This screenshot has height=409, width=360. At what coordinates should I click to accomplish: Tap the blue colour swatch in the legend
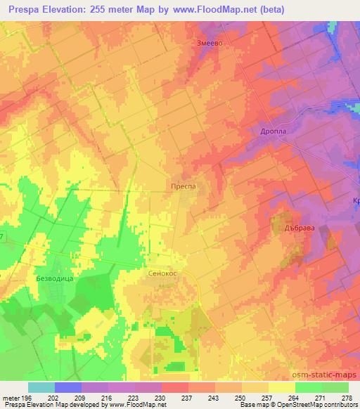[68, 387]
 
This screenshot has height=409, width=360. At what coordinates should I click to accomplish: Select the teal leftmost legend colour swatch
[41, 387]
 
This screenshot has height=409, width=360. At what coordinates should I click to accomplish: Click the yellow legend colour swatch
[281, 387]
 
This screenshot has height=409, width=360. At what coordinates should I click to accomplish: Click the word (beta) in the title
[304, 11]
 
